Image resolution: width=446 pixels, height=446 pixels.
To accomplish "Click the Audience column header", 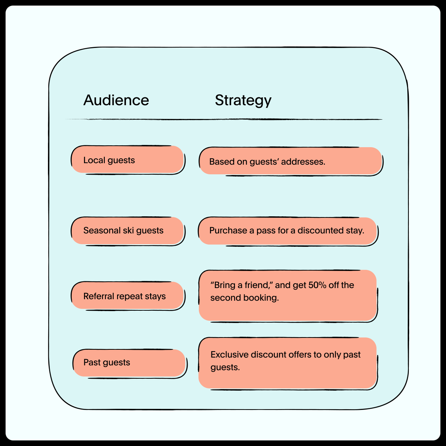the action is click(116, 100).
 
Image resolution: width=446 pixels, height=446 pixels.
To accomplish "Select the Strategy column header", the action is click(243, 101).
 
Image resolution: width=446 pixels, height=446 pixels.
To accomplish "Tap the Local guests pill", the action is click(128, 160).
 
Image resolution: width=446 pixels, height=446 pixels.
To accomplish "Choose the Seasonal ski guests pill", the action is click(128, 231).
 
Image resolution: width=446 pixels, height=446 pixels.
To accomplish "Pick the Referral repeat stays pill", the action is click(128, 296).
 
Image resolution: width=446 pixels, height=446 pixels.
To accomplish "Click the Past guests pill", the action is click(130, 363).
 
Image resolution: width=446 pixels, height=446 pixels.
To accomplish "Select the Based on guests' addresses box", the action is click(291, 161).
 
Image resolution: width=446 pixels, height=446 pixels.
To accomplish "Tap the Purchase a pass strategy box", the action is click(288, 231).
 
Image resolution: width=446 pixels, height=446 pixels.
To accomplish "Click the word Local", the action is click(94, 160).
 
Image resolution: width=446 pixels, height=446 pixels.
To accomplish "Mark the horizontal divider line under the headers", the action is click(224, 119).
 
